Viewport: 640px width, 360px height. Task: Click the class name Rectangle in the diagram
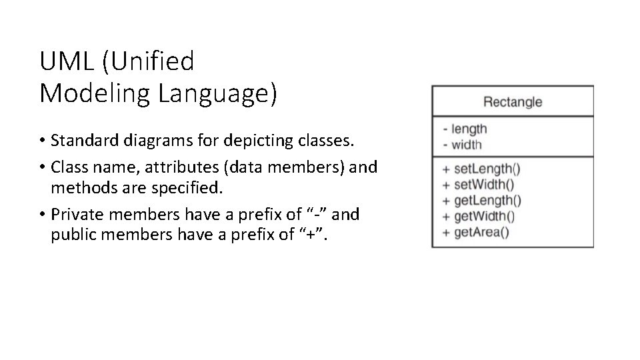(x=512, y=102)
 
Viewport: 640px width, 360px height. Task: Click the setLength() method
(x=483, y=169)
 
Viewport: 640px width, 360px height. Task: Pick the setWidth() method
(x=483, y=185)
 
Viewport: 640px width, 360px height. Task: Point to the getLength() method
(x=487, y=201)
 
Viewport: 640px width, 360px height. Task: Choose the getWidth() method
(x=484, y=217)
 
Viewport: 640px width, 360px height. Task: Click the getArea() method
(x=481, y=233)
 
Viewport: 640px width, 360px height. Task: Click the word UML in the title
(x=67, y=62)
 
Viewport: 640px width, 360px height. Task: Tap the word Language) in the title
(x=217, y=94)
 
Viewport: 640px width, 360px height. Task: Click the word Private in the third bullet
(x=74, y=214)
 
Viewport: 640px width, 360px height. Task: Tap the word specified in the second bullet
(x=187, y=189)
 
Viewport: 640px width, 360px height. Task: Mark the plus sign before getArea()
(x=446, y=233)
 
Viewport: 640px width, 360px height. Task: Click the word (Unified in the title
(x=148, y=62)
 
